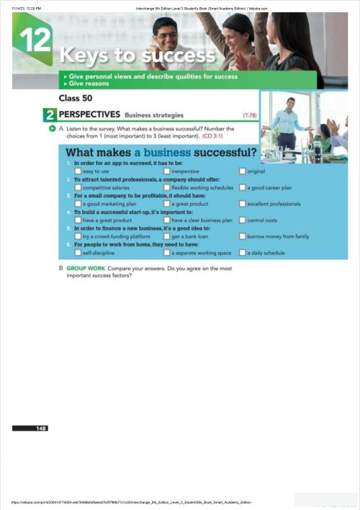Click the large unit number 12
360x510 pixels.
click(x=33, y=40)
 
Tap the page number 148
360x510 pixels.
click(x=42, y=429)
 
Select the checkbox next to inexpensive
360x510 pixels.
click(x=167, y=171)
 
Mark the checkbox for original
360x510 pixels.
click(x=242, y=171)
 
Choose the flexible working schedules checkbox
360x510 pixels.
click(x=167, y=187)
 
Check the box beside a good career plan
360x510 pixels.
click(x=242, y=187)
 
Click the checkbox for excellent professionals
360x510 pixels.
click(x=242, y=204)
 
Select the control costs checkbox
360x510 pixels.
click(x=242, y=220)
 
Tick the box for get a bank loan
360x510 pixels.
click(x=167, y=236)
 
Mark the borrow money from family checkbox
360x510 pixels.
click(x=242, y=236)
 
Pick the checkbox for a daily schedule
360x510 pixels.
click(x=242, y=253)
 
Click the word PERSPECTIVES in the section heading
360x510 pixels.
click(x=89, y=114)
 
